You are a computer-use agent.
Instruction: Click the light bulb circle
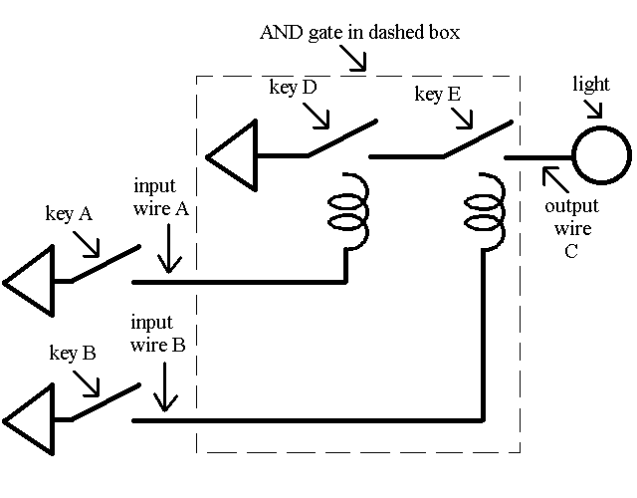pyautogui.click(x=600, y=156)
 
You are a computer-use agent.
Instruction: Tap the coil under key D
pyautogui.click(x=346, y=210)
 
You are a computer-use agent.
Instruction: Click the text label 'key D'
pyautogui.click(x=293, y=88)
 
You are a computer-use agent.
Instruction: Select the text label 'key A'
pyautogui.click(x=70, y=213)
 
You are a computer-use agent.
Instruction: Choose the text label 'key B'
pyautogui.click(x=72, y=353)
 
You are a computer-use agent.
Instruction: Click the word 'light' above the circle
pyautogui.click(x=591, y=85)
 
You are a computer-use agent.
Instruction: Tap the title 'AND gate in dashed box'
pyautogui.click(x=359, y=32)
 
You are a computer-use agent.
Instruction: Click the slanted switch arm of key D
pyautogui.click(x=341, y=138)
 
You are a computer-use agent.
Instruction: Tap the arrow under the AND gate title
pyautogui.click(x=354, y=58)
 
